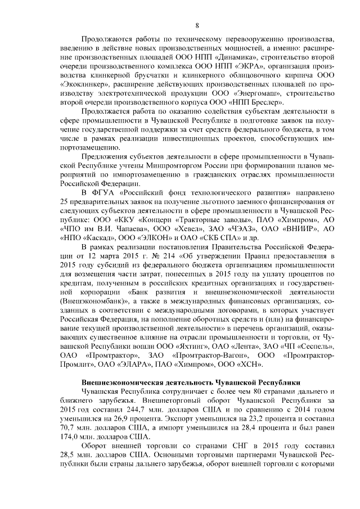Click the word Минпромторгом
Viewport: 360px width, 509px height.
tap(148, 166)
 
